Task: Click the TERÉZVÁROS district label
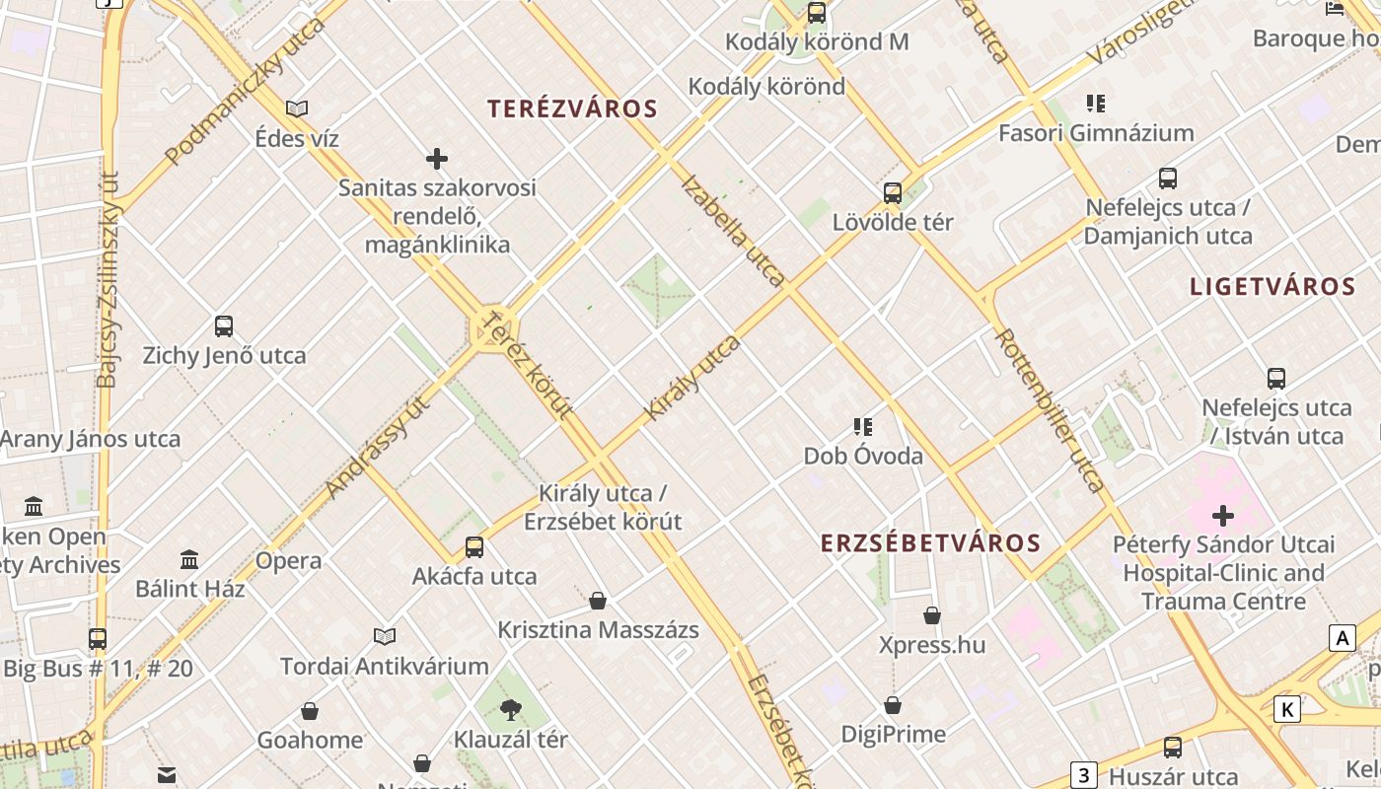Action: point(572,109)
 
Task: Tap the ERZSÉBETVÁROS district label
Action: point(930,543)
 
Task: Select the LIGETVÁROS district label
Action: point(1272,287)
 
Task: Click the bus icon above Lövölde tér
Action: point(893,193)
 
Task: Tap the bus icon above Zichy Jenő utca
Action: point(224,326)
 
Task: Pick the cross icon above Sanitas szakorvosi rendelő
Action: point(437,158)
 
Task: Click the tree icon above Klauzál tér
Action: point(510,709)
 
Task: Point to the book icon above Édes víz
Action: point(297,108)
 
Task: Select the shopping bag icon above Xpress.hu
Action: point(932,616)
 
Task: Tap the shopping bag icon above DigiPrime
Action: point(893,705)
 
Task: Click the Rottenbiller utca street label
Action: point(1050,409)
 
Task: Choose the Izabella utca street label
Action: point(733,230)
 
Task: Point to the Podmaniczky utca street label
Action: point(246,91)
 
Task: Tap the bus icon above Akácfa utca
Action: point(474,547)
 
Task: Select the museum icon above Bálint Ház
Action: point(190,560)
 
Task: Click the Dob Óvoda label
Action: point(863,456)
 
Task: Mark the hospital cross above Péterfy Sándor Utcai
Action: point(1223,515)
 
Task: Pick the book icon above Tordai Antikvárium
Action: point(385,636)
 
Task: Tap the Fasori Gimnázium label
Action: point(1096,132)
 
